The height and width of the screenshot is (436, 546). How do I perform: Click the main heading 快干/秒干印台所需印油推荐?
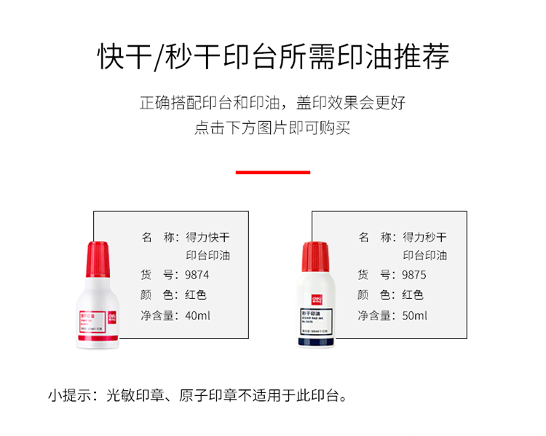pyautogui.click(x=273, y=57)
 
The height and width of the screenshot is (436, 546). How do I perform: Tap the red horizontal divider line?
pyautogui.click(x=273, y=172)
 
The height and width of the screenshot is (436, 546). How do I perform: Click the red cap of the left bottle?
pyautogui.click(x=99, y=259)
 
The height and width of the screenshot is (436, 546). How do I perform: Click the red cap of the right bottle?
pyautogui.click(x=315, y=259)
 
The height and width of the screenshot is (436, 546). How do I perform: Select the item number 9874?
pyautogui.click(x=197, y=276)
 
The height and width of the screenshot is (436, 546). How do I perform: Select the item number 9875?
pyautogui.click(x=414, y=276)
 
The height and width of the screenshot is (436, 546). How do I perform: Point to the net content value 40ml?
pyautogui.click(x=198, y=316)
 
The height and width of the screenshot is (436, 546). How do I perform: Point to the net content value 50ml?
pyautogui.click(x=415, y=316)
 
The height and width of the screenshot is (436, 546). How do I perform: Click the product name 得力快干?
pyautogui.click(x=207, y=237)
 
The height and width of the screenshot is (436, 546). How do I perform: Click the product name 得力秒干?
pyautogui.click(x=425, y=237)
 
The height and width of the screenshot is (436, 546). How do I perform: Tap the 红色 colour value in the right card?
pyautogui.click(x=414, y=295)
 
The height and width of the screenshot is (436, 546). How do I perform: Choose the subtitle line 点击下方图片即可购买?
pyautogui.click(x=272, y=129)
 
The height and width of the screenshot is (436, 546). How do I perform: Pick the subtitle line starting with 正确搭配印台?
pyautogui.click(x=272, y=102)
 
